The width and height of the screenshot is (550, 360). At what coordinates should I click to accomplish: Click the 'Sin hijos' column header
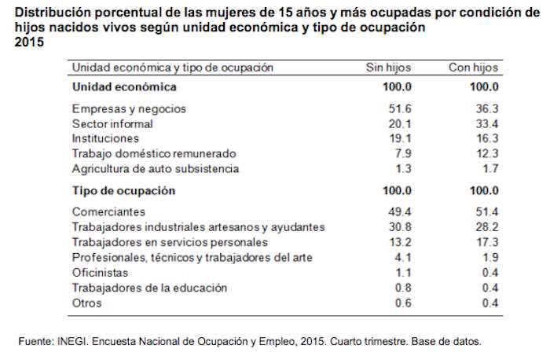[389, 68]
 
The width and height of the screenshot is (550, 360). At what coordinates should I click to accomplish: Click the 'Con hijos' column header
[474, 68]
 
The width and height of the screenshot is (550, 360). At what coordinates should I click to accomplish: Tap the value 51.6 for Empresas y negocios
[401, 108]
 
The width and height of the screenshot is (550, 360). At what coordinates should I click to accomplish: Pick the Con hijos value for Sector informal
[488, 123]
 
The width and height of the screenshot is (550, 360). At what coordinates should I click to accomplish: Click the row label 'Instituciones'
[105, 138]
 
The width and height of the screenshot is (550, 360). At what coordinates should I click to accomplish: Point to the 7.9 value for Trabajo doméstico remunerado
[404, 153]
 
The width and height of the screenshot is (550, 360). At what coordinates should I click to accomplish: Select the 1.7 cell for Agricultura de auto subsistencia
[491, 168]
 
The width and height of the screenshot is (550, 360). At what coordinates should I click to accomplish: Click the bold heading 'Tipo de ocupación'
[123, 191]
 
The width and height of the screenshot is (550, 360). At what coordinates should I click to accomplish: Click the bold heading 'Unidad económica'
[123, 86]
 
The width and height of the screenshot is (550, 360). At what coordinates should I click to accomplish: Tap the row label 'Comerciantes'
[108, 212]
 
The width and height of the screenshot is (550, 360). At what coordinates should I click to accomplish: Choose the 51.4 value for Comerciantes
[488, 212]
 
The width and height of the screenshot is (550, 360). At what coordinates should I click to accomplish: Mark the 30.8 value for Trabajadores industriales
[401, 227]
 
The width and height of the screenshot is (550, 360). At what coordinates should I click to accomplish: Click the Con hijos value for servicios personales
[488, 242]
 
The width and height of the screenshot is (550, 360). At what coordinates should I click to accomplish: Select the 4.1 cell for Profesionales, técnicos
[404, 258]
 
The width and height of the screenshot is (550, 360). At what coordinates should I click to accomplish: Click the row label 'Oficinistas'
[100, 273]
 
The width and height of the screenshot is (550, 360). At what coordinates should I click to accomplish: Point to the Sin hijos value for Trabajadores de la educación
[404, 288]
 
